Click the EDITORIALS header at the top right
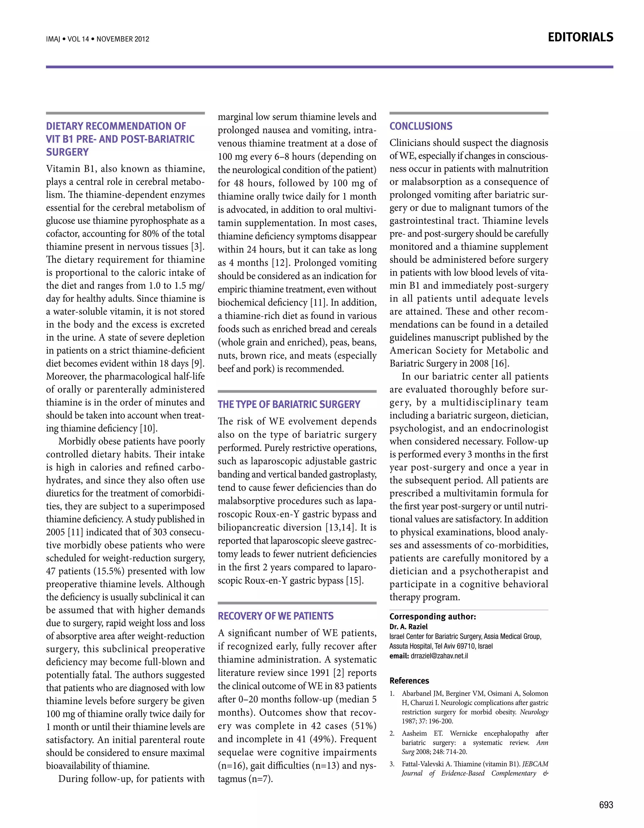point(580,37)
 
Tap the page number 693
point(606,805)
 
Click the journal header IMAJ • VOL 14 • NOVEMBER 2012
point(97,39)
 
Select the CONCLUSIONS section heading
point(421,126)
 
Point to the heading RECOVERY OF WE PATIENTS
point(275,616)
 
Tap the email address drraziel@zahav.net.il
point(439,656)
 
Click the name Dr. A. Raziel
point(408,627)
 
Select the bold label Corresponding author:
point(432,617)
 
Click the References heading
point(409,681)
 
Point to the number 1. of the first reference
point(392,693)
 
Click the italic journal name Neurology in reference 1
point(534,712)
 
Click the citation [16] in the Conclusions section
point(499,364)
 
